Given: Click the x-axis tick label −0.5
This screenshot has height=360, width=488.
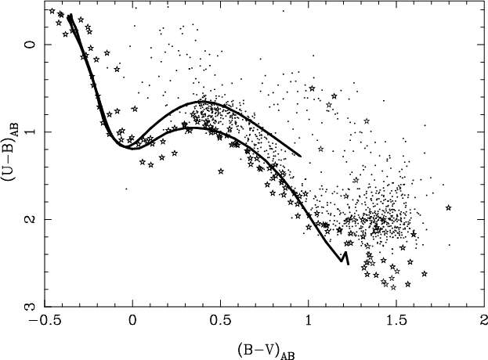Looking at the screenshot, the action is point(44,322).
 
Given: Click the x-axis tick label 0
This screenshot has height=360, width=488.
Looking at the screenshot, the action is point(133,322).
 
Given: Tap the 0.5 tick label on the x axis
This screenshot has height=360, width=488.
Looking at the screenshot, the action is point(220,322).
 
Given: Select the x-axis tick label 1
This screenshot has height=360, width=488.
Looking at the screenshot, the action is point(309,322).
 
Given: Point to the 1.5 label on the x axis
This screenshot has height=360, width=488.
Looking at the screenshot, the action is point(396,322).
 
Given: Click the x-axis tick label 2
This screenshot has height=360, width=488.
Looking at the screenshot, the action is point(483,322).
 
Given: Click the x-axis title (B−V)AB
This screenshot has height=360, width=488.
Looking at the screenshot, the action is point(266,351).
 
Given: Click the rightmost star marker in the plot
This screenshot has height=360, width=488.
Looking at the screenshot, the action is point(449,207).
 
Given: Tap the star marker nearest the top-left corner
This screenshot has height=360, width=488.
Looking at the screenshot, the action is point(52,11).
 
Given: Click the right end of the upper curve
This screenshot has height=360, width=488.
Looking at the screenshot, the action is point(301,156).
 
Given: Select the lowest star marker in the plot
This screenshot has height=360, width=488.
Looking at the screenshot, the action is point(393,287).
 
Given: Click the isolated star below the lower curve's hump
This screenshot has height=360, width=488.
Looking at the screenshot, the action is point(221,171).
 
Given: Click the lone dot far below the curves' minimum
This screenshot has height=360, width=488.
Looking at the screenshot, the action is point(126,189).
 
